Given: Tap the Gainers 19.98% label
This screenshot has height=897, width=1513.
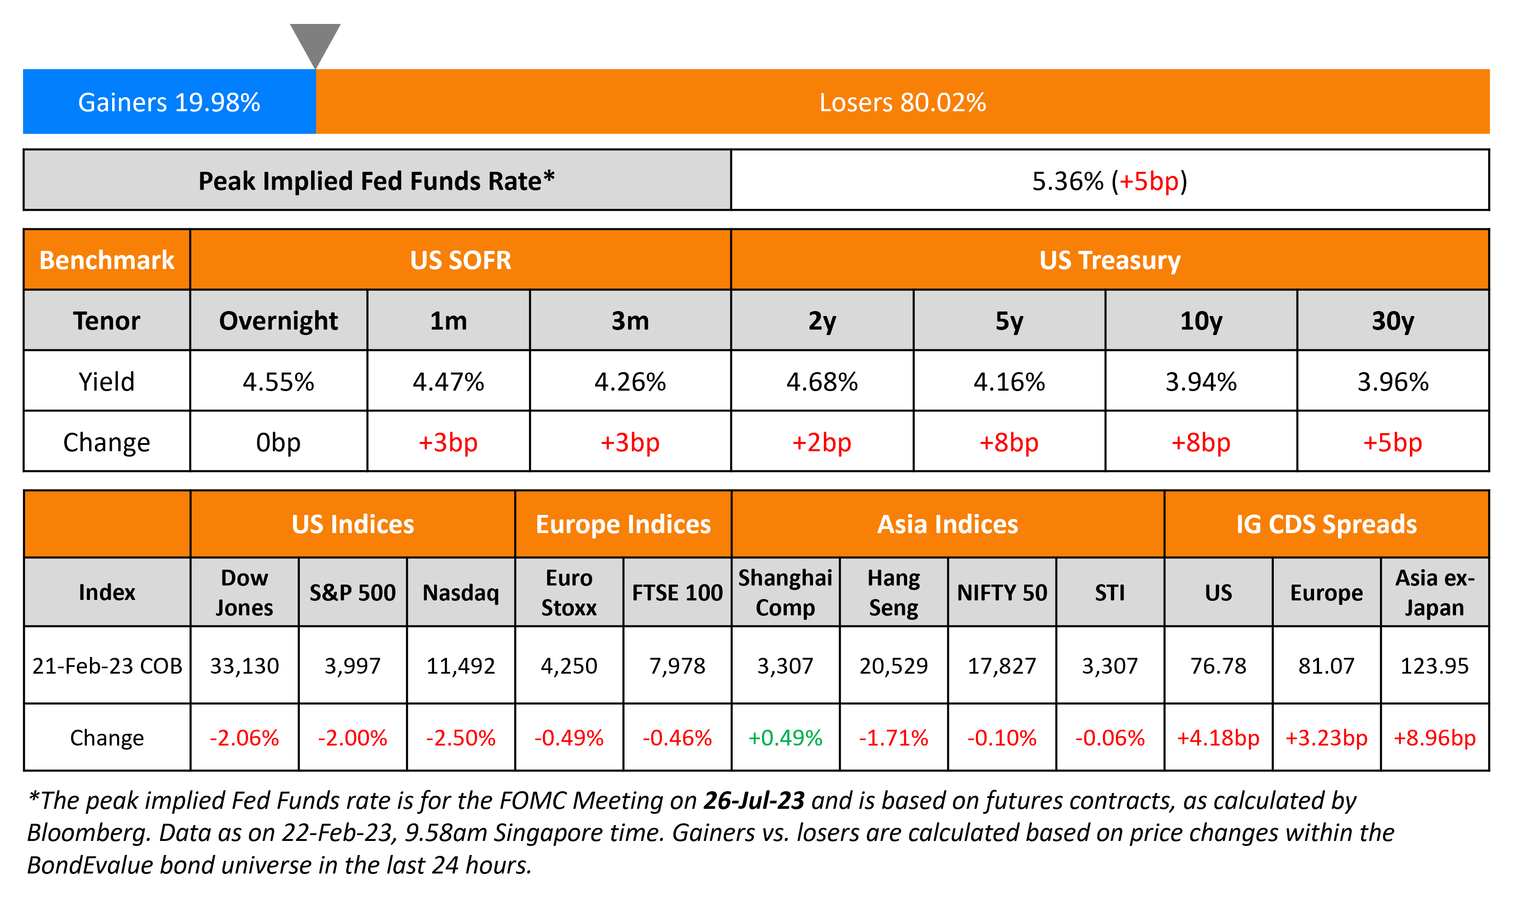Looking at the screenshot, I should [169, 102].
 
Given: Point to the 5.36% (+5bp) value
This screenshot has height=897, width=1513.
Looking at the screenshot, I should [1109, 181].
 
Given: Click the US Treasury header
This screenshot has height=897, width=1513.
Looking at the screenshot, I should [1109, 260].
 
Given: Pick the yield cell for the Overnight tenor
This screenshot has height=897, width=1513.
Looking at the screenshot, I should [278, 382].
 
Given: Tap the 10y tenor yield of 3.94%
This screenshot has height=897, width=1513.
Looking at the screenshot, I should [1201, 382].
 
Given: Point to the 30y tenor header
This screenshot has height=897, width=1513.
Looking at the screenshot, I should [1392, 321].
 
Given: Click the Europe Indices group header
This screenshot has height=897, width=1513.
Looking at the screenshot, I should [623, 524].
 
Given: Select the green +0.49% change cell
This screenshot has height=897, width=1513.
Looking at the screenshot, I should [785, 737].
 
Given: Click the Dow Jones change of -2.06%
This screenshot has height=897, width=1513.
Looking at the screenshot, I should [244, 737].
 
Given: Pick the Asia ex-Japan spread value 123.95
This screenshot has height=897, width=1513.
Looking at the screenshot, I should [1434, 666].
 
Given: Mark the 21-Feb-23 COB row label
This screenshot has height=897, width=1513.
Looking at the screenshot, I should [107, 666].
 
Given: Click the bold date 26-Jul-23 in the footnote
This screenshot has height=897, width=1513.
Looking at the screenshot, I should [753, 800].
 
